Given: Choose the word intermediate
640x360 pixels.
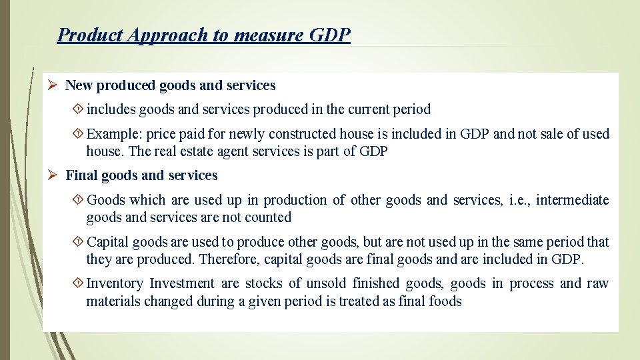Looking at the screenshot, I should pos(573,200).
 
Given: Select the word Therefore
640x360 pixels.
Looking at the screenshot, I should pos(229,259).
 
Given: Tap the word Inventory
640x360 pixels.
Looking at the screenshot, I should pos(115,283).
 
